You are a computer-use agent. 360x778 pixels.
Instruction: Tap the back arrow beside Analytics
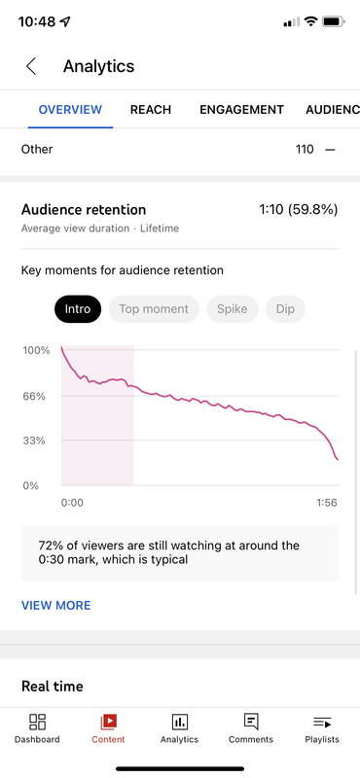pyautogui.click(x=31, y=66)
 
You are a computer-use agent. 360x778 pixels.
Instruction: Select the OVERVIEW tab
pyautogui.click(x=70, y=110)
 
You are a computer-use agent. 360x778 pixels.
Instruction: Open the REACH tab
pyautogui.click(x=151, y=110)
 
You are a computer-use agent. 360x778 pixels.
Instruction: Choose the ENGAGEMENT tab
pyautogui.click(x=242, y=110)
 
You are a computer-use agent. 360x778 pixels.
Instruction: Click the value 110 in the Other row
pyautogui.click(x=305, y=149)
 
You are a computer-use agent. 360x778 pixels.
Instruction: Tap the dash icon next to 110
pyautogui.click(x=330, y=150)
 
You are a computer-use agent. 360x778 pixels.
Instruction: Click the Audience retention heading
pyautogui.click(x=84, y=210)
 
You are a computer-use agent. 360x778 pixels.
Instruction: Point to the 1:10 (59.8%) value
pyautogui.click(x=299, y=210)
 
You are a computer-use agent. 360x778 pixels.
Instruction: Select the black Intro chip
pyautogui.click(x=78, y=309)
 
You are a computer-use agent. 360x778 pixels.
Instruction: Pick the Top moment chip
pyautogui.click(x=154, y=309)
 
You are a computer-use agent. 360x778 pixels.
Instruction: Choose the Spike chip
pyautogui.click(x=233, y=309)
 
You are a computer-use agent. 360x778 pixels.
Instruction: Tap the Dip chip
pyautogui.click(x=285, y=309)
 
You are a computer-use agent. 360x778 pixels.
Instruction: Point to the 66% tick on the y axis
pyautogui.click(x=34, y=396)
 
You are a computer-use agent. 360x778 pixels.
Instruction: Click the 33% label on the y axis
pyautogui.click(x=34, y=441)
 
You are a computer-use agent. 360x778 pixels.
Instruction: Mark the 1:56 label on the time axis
pyautogui.click(x=327, y=503)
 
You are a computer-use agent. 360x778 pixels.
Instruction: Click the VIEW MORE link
pyautogui.click(x=56, y=605)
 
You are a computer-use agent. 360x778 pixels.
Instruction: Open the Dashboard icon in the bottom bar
pyautogui.click(x=37, y=722)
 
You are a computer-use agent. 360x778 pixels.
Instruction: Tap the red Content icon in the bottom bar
pyautogui.click(x=108, y=722)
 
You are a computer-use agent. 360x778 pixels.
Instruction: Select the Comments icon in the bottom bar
pyautogui.click(x=251, y=722)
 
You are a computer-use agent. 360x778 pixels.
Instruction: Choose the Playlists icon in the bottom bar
pyautogui.click(x=322, y=723)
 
